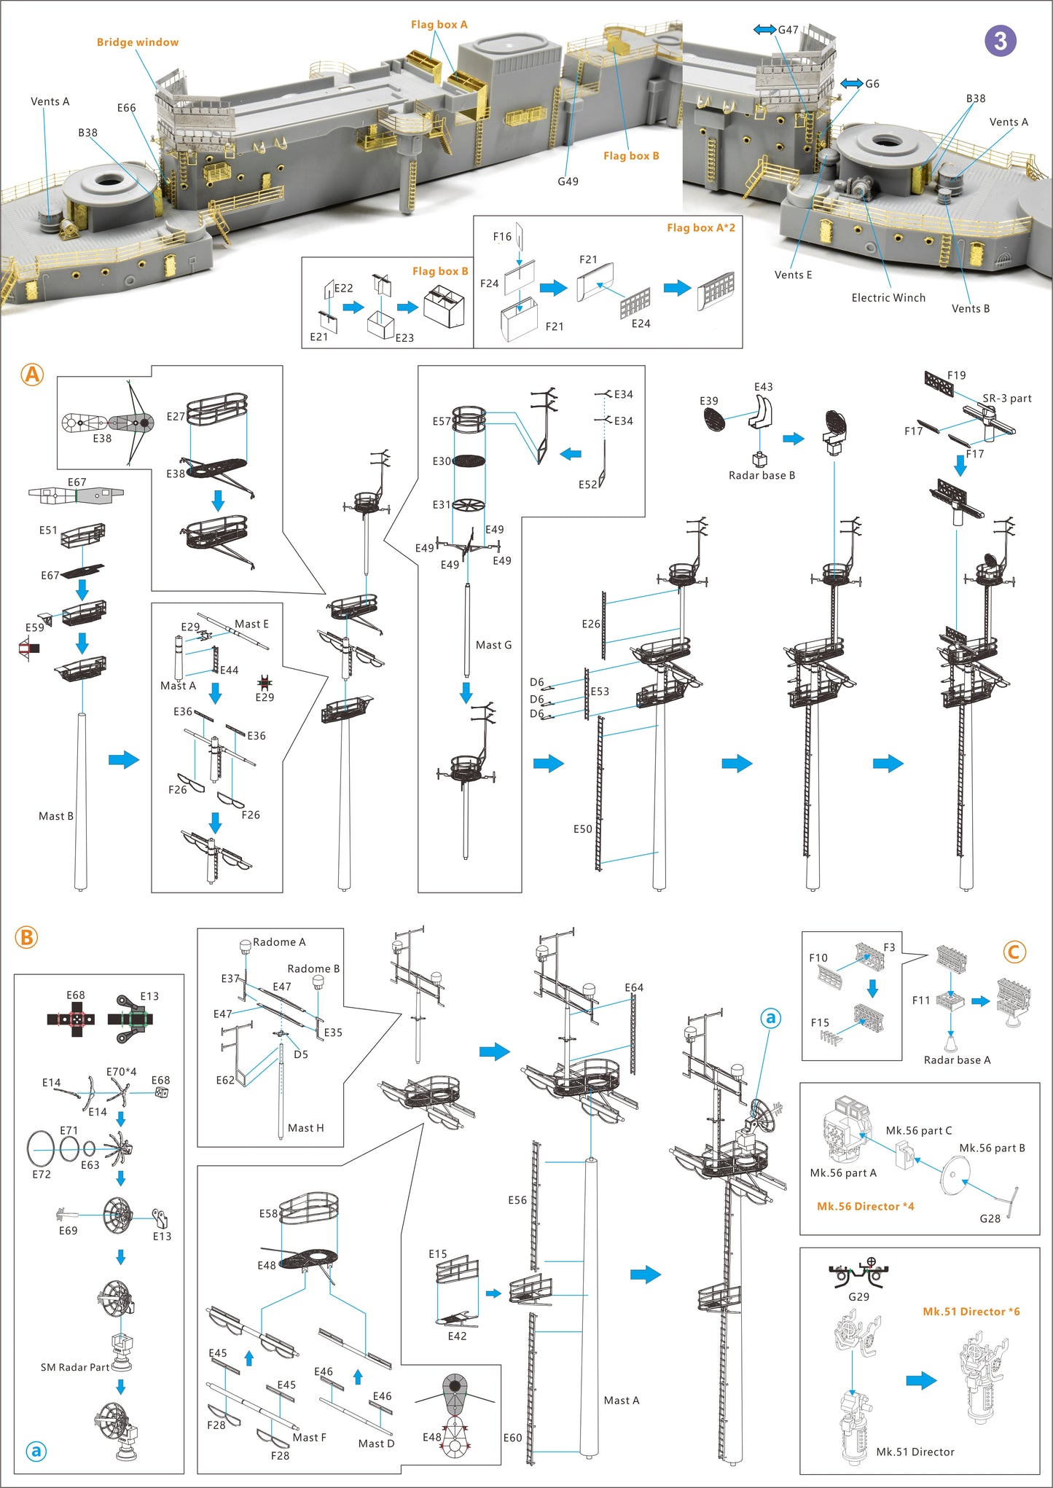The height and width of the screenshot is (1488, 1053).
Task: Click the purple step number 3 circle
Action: coord(1000,41)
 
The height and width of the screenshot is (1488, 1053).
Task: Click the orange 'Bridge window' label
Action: coord(137,42)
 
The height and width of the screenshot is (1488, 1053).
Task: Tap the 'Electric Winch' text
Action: coord(888,297)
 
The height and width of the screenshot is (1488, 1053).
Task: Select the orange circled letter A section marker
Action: coord(32,375)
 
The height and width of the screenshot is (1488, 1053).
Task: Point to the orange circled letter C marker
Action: coord(1014,952)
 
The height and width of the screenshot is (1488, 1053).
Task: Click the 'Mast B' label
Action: coord(56,816)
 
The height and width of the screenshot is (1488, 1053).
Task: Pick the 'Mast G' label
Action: coord(493,645)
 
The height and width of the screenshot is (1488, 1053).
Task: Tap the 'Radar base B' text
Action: coord(762,475)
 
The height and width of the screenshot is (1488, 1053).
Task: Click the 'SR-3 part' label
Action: coord(1006,398)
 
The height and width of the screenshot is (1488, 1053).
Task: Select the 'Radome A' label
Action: coord(279,941)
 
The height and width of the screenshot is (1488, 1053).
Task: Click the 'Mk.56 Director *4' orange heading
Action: coord(865,1206)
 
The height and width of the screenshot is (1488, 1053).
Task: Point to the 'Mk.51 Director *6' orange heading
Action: coord(971,1311)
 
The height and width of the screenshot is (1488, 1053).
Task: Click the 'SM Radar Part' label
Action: coord(75,1367)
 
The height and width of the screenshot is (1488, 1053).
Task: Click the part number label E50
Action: coord(582,829)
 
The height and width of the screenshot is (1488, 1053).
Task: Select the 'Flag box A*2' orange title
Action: coord(700,227)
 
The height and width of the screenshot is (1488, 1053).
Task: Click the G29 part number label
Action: coord(858,1296)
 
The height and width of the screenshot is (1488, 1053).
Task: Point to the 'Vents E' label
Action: coord(793,275)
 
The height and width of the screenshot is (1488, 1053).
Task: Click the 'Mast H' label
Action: coord(305,1127)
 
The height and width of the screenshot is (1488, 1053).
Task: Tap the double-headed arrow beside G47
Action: coord(764,29)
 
